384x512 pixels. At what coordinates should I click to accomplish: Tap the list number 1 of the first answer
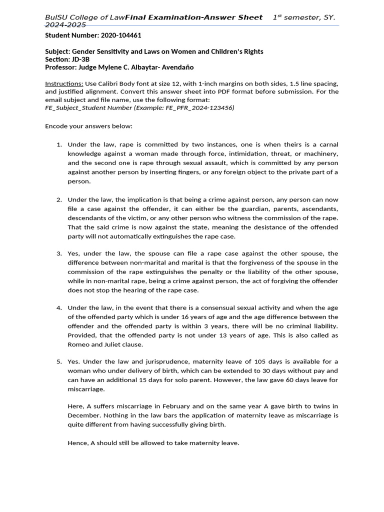point(58,144)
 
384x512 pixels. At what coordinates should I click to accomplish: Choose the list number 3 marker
point(58,253)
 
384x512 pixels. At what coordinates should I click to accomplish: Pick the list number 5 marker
point(58,361)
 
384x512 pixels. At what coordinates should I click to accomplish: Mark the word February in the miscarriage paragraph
point(163,406)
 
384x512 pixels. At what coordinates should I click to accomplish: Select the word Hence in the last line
point(77,443)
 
